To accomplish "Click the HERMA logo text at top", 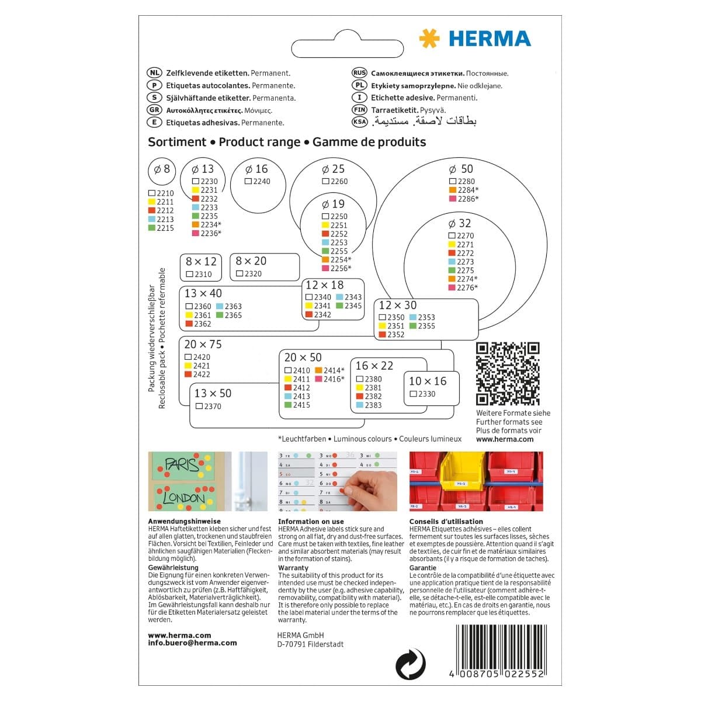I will [490, 39].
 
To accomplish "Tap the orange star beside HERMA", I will [429, 39].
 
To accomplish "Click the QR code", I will [507, 374].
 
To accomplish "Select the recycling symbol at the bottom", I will [410, 664].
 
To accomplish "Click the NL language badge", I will [154, 73].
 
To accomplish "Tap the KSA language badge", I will [359, 122].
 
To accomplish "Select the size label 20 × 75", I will [203, 345].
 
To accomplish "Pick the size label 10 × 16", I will [427, 381].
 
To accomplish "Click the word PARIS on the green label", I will [181, 465].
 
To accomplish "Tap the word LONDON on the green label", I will [183, 498].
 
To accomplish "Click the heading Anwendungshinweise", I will [185, 522].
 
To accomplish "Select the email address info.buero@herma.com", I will [192, 643].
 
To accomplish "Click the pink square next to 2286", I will [453, 199].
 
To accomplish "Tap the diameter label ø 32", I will [459, 223].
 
